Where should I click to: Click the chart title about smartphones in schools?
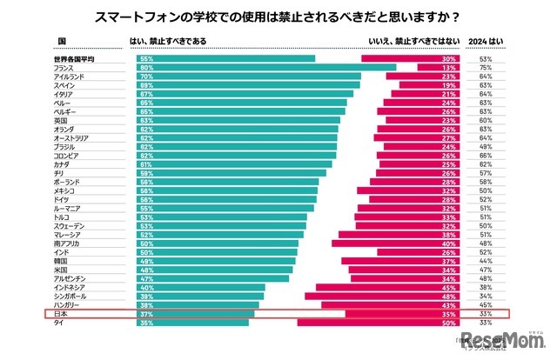pos(278,17)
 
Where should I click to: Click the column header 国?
pos(61,41)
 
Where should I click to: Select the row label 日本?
pos(60,314)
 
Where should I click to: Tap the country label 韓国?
pos(60,261)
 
